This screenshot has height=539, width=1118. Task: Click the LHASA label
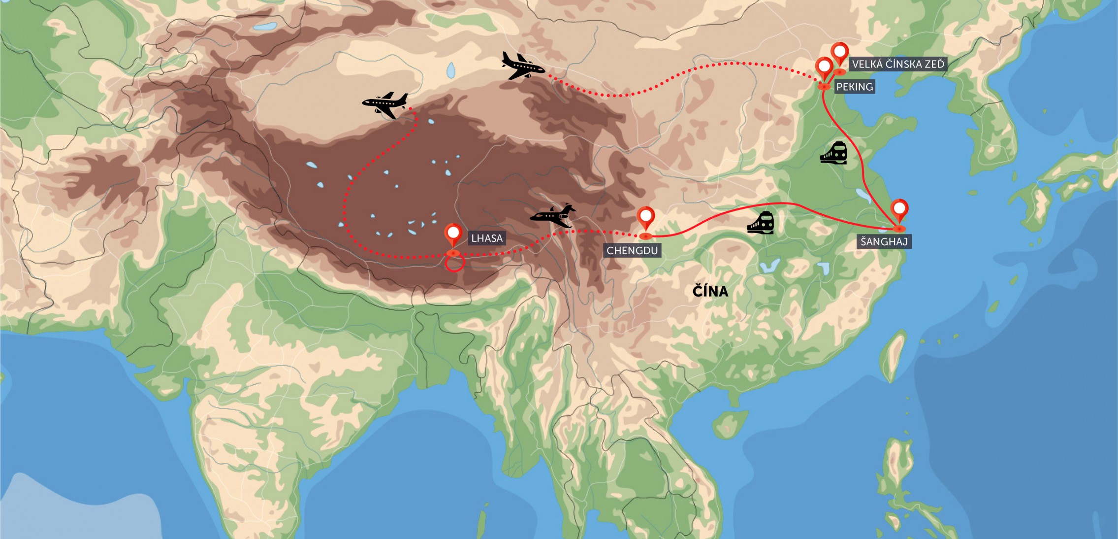pos(486,238)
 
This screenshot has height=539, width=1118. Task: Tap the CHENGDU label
pos(632,251)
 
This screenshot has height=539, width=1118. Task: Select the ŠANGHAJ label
pos(884,242)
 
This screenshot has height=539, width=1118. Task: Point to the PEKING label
pos(854,87)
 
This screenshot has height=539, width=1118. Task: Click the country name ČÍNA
pos(710,291)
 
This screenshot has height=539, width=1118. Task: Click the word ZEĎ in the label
pos(933,64)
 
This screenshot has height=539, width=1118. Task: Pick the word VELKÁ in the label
pos(867,64)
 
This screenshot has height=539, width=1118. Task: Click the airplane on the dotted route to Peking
pos(522,66)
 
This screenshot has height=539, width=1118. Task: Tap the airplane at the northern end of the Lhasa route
pos(385,104)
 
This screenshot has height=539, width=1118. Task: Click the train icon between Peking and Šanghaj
pos(833,153)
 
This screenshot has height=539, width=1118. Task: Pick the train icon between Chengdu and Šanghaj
pos(761,223)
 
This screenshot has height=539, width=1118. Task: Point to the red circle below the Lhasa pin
pos(454,263)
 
